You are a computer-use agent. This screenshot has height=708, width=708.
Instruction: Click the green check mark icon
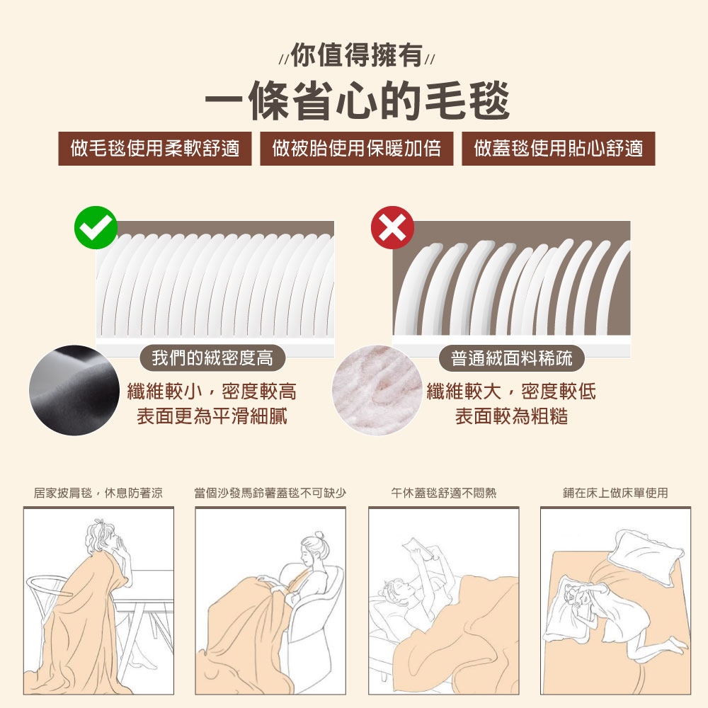point(96,227)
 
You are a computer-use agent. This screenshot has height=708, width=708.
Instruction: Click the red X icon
point(392,227)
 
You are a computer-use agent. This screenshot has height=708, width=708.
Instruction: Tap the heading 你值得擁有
point(357,55)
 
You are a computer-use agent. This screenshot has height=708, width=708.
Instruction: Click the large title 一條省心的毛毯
point(357,101)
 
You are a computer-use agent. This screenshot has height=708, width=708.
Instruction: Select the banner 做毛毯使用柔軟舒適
point(155,149)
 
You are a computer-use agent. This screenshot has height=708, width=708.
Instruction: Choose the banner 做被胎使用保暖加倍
point(357,149)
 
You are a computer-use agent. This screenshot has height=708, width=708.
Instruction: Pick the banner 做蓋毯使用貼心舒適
point(559,149)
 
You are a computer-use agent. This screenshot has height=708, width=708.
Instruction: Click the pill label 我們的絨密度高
point(212,358)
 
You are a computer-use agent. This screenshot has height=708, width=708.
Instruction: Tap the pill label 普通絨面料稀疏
point(512,358)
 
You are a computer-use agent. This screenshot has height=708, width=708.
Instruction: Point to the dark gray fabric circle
point(74,390)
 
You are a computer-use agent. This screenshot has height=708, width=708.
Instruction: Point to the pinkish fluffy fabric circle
point(377,390)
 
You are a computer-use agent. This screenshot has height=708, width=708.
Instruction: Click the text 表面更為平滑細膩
point(212,416)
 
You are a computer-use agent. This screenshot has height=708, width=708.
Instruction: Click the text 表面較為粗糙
point(511,416)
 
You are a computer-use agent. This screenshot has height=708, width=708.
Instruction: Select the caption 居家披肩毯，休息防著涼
point(98,493)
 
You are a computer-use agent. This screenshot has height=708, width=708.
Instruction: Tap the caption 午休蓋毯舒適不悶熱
point(443,493)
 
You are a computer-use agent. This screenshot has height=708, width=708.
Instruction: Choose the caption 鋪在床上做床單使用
point(615,493)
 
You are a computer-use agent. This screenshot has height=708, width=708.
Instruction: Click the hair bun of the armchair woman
point(320,535)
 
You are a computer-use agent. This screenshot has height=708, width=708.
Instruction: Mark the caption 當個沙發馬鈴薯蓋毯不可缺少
point(270,493)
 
